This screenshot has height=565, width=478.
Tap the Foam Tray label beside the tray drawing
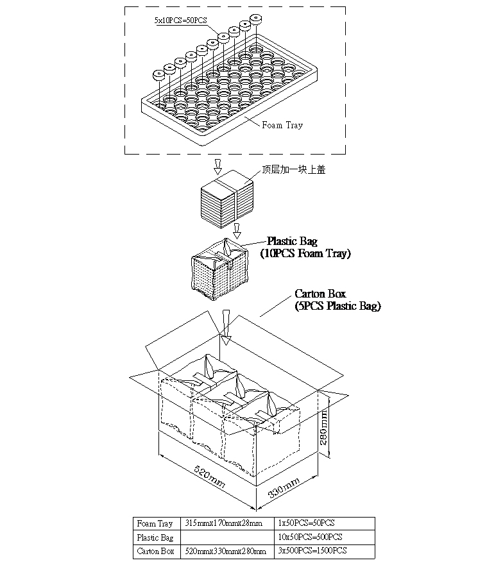[282, 125]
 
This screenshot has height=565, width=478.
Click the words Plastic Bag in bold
[292, 242]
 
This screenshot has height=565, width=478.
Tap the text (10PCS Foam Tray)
[305, 254]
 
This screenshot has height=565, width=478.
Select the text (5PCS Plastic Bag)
[337, 307]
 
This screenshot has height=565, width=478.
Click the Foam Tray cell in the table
[155, 524]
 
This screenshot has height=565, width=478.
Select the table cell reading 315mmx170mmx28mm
[223, 524]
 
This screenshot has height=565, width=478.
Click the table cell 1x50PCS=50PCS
[307, 524]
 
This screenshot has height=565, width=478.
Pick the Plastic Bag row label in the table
[155, 537]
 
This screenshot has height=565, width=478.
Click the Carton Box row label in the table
[155, 551]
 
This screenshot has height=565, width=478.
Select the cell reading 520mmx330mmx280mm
[225, 551]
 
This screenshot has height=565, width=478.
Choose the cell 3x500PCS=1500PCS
[313, 551]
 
